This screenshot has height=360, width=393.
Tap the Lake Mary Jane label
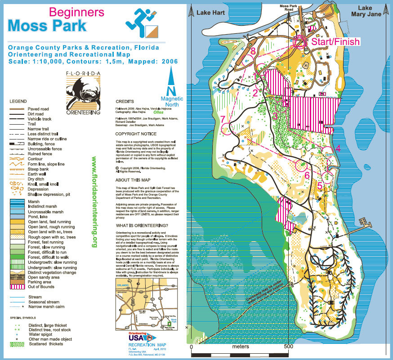coord(371,11)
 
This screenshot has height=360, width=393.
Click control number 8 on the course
coord(254,51)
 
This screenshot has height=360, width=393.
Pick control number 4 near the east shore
coord(337,147)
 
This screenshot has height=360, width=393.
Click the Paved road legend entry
coord(38,109)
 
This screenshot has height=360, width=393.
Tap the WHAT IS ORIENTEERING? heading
coord(142,225)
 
